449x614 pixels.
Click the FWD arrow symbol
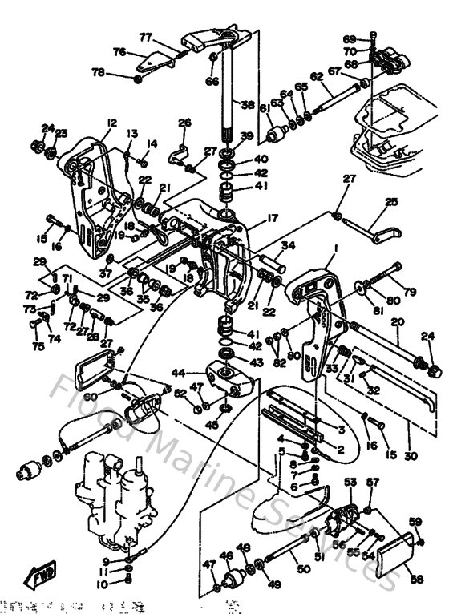point(39,574)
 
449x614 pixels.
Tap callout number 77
point(145,37)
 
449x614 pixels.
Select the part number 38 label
point(247,104)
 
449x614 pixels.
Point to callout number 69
point(349,38)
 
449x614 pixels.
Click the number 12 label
point(109,122)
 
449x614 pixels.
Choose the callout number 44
point(178,373)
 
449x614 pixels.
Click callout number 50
point(303,569)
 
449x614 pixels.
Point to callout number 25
point(391,203)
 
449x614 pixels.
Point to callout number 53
point(350,482)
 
